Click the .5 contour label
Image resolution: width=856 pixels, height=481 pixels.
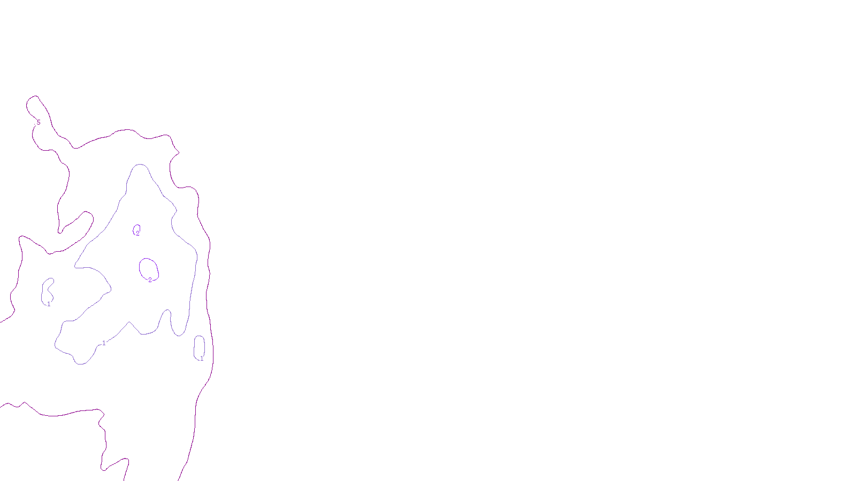click(38, 123)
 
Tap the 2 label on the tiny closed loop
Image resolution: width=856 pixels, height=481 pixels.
click(137, 234)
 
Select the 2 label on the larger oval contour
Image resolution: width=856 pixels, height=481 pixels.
click(150, 280)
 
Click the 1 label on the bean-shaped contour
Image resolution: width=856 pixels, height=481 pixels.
click(49, 304)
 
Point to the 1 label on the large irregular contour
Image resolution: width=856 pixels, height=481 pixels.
click(104, 343)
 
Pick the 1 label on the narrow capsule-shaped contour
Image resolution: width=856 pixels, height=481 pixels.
click(201, 359)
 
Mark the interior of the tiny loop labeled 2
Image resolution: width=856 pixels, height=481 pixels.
click(137, 229)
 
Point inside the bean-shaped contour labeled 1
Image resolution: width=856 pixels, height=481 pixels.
click(47, 291)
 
